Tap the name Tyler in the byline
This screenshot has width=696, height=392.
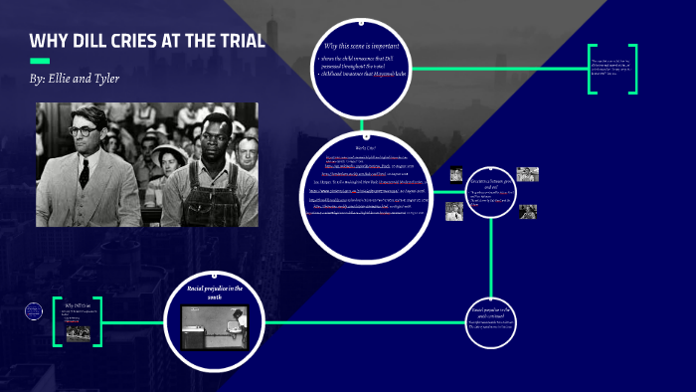click(100, 78)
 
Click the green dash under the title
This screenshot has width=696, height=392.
click(40, 60)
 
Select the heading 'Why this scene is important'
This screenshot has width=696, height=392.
click(362, 47)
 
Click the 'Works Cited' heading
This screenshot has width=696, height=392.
click(362, 147)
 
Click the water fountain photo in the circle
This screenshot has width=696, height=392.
click(215, 326)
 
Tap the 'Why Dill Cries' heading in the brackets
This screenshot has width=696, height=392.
click(77, 306)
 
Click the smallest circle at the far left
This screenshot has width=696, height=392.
click(33, 311)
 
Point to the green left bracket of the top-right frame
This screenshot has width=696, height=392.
click(592, 69)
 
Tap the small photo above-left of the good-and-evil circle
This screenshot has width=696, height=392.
click(456, 174)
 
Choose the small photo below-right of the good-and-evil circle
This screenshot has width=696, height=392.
click(528, 211)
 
